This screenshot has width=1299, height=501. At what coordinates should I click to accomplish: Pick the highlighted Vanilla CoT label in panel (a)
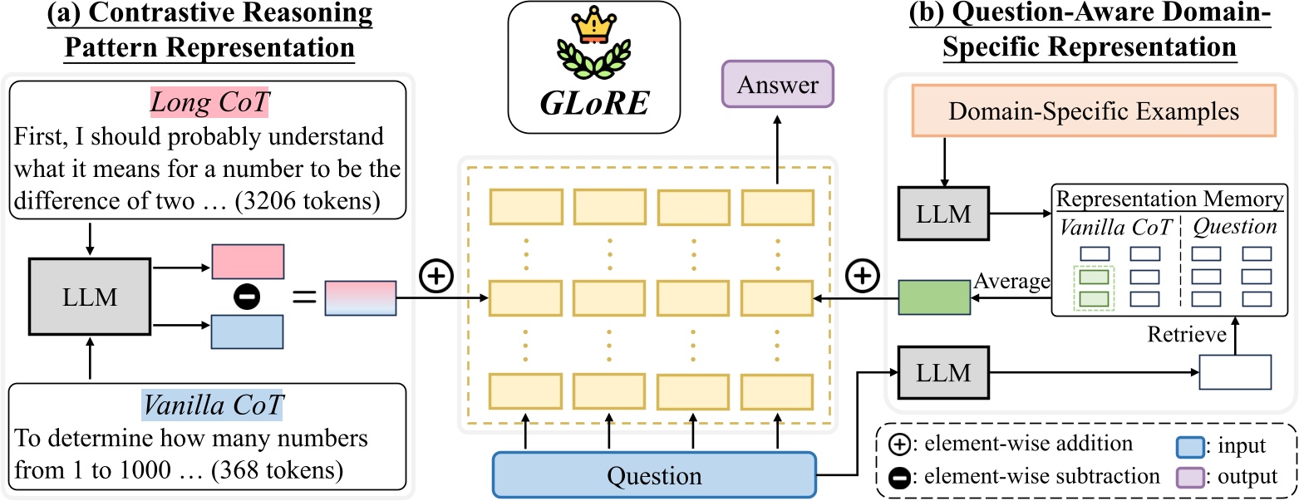click(x=213, y=405)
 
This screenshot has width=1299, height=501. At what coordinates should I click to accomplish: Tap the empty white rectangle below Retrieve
click(x=1235, y=372)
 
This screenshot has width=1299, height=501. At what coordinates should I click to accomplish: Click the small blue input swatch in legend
click(x=1187, y=446)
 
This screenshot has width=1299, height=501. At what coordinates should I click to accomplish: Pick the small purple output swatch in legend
click(x=1187, y=476)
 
